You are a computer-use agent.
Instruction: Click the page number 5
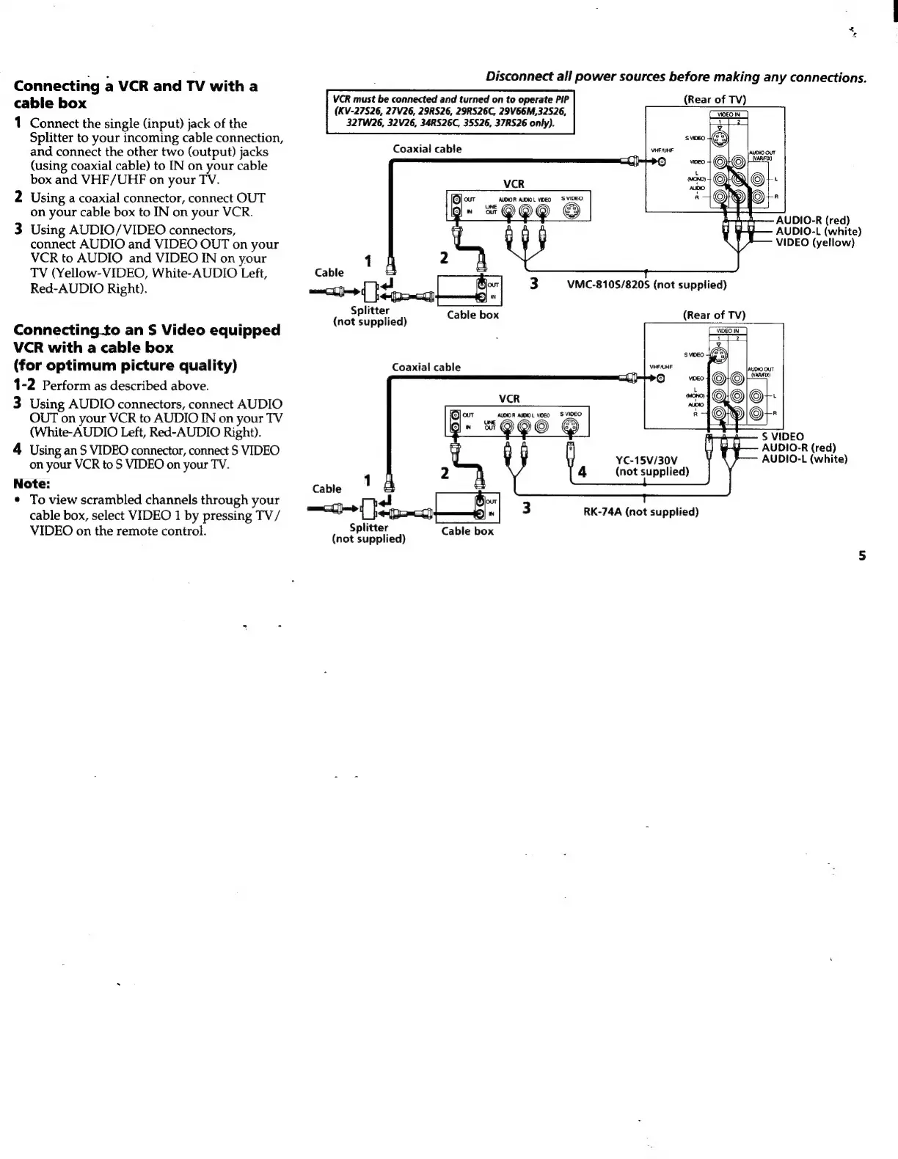[863, 556]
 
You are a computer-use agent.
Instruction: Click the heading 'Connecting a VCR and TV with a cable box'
[136, 95]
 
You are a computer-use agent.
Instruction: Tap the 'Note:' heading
[32, 483]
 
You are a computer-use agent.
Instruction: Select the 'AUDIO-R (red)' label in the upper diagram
[812, 221]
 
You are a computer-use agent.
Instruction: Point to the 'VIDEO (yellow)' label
[815, 243]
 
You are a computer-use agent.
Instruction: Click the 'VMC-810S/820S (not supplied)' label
[646, 285]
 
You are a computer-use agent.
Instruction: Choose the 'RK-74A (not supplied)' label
[640, 512]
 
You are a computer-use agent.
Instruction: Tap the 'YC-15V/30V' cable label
[646, 460]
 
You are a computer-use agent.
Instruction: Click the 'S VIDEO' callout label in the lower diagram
[783, 436]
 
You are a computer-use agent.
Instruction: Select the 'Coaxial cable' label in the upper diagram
[427, 149]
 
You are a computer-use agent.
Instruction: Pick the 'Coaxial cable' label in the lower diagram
[426, 368]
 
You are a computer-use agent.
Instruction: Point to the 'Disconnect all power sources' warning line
[676, 78]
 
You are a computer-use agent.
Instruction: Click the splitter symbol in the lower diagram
[370, 508]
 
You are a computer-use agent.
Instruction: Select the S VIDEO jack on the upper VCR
[570, 213]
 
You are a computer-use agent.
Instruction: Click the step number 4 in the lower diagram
[583, 472]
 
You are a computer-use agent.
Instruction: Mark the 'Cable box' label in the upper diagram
[472, 315]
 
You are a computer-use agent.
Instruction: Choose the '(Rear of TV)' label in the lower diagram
[714, 315]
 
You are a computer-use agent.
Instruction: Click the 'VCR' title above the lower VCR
[509, 399]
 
